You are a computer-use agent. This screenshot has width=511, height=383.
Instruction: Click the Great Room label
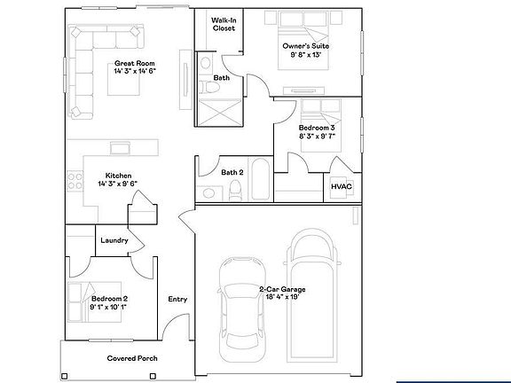tap(134, 63)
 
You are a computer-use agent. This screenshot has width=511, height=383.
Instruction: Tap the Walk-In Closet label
tap(224, 24)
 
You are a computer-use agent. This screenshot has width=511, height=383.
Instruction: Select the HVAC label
tap(342, 186)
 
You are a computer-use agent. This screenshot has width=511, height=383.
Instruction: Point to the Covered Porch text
tap(132, 358)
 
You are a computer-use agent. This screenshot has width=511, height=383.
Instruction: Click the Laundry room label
tap(114, 240)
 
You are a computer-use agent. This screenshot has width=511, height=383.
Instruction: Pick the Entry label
tap(177, 299)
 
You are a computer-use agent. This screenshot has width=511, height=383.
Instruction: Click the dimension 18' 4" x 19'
tap(282, 297)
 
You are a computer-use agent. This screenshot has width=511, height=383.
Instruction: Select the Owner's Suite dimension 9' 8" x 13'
tap(306, 54)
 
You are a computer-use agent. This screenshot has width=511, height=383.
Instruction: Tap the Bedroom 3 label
tap(317, 128)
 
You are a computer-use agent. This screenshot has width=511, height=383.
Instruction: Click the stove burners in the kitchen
tap(75, 181)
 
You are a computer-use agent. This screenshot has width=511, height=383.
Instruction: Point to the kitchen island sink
tap(121, 148)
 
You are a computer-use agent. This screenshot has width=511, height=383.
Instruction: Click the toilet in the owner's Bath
tap(208, 88)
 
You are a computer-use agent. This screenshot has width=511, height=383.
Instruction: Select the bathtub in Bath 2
tap(261, 178)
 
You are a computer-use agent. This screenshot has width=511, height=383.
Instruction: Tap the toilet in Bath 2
tap(235, 190)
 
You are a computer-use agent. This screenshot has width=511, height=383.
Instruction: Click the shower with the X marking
tap(220, 112)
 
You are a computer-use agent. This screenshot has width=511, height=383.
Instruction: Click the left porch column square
tap(65, 376)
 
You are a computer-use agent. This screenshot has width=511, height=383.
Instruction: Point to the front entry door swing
tap(176, 327)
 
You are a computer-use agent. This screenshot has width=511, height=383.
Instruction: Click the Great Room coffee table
tap(124, 79)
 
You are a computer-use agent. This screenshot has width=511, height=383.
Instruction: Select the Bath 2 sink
tap(208, 192)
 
